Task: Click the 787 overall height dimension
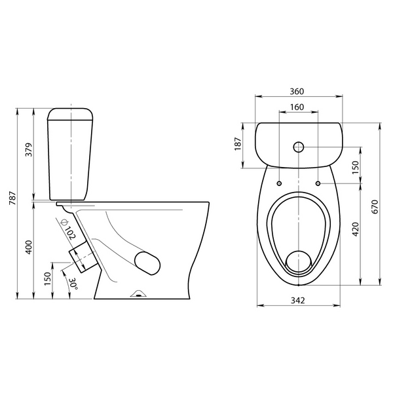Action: [x=12, y=198]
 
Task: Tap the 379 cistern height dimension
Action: [x=29, y=149]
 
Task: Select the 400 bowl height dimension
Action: [x=29, y=247]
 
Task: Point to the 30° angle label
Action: [x=73, y=284]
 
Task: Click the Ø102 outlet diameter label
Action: [x=68, y=229]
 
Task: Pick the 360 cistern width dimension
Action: [x=297, y=92]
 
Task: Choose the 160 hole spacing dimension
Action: [x=297, y=107]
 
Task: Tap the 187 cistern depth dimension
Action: [x=238, y=144]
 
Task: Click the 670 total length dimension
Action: [x=375, y=206]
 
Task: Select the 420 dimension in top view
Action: [x=356, y=229]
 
